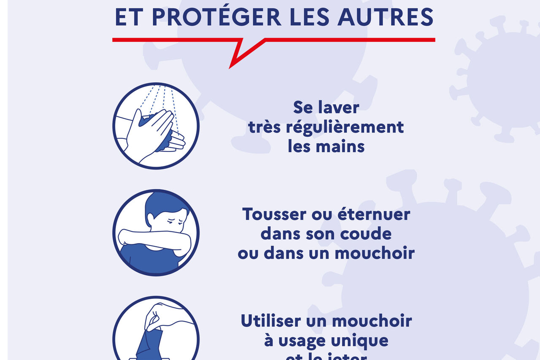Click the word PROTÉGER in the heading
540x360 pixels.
216,17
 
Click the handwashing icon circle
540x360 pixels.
156,126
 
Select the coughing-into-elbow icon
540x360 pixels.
156,233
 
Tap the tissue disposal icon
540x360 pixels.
156,333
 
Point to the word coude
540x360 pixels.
370,234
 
